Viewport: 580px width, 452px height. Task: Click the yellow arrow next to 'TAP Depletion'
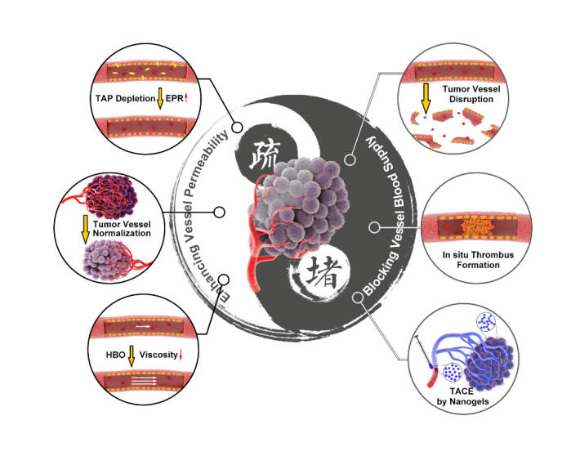click(x=160, y=98)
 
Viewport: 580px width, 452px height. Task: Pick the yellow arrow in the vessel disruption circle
click(x=425, y=94)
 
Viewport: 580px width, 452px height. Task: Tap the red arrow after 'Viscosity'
click(x=181, y=356)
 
